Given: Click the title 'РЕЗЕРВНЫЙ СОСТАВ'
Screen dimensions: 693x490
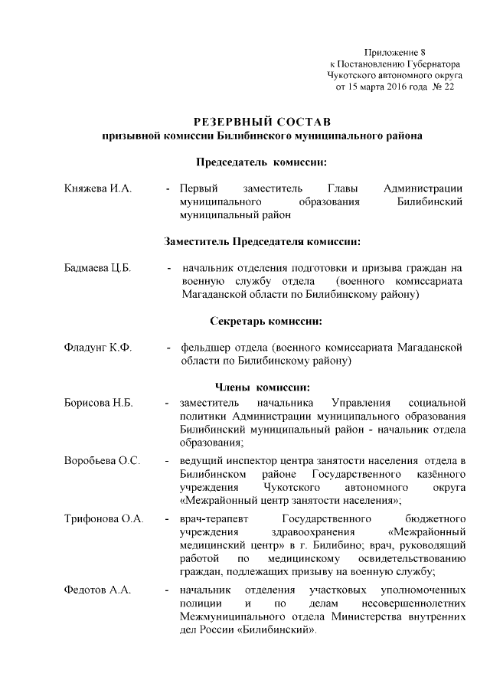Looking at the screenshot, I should (262, 122).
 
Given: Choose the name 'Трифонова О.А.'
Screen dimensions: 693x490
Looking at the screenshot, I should (104, 519).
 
